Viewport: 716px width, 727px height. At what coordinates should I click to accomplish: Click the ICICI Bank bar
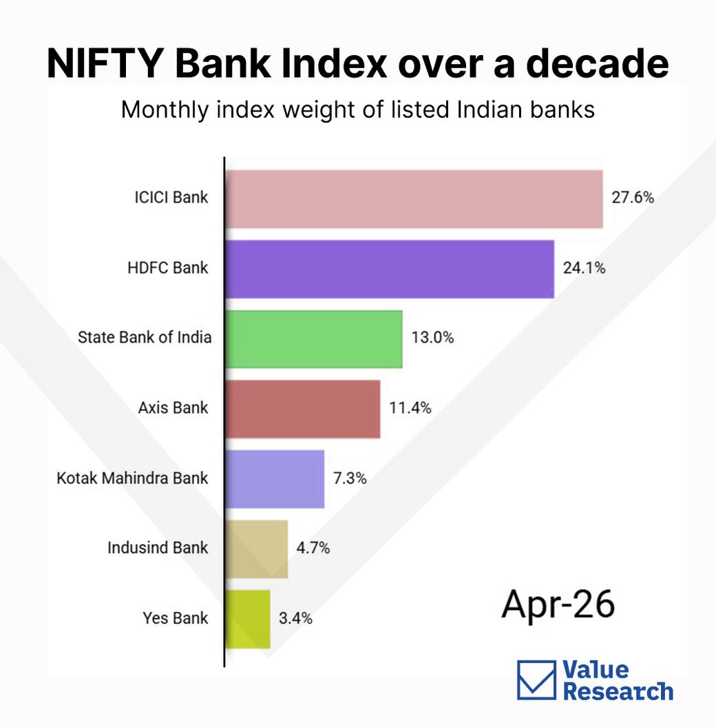(x=414, y=199)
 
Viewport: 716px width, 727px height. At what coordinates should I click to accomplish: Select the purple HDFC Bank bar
(x=390, y=269)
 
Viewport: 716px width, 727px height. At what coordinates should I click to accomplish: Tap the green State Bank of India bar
(x=314, y=339)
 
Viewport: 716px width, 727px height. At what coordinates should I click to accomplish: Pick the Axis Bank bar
(x=303, y=409)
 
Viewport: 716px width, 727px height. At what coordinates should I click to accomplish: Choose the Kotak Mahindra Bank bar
(x=275, y=479)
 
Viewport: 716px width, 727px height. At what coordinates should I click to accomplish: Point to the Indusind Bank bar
(x=256, y=549)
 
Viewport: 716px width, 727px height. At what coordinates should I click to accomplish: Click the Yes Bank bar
(x=248, y=619)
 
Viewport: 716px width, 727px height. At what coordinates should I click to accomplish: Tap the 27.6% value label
(x=633, y=198)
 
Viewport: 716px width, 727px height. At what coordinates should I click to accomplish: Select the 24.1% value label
(x=585, y=268)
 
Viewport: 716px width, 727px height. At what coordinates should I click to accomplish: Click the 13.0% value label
(x=432, y=337)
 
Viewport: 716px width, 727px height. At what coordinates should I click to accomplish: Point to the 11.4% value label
(x=410, y=408)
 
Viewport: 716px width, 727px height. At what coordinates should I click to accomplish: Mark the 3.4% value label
(x=295, y=618)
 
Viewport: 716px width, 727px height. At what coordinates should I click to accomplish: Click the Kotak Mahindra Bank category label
(x=132, y=478)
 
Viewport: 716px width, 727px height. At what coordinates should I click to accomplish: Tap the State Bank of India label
(x=144, y=337)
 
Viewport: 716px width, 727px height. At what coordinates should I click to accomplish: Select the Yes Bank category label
(x=176, y=618)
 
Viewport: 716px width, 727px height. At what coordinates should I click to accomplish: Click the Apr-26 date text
(x=558, y=604)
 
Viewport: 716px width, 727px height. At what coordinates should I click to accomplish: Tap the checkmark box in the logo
(x=536, y=680)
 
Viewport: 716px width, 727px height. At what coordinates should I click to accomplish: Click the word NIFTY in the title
(x=105, y=63)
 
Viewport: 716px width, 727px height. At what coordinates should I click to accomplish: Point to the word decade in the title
(x=598, y=63)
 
